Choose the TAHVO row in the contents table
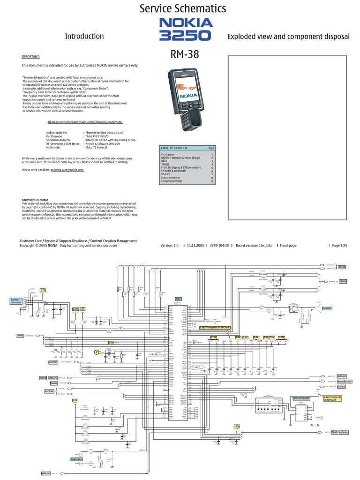[x=166, y=165]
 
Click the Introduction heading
[x=84, y=36]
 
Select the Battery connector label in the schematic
[x=16, y=301]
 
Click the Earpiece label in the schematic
[x=326, y=308]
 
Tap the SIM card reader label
[x=300, y=399]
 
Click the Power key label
[x=76, y=459]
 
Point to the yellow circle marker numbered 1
[x=97, y=352]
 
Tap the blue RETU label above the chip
[x=178, y=299]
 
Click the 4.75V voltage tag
[x=214, y=337]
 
